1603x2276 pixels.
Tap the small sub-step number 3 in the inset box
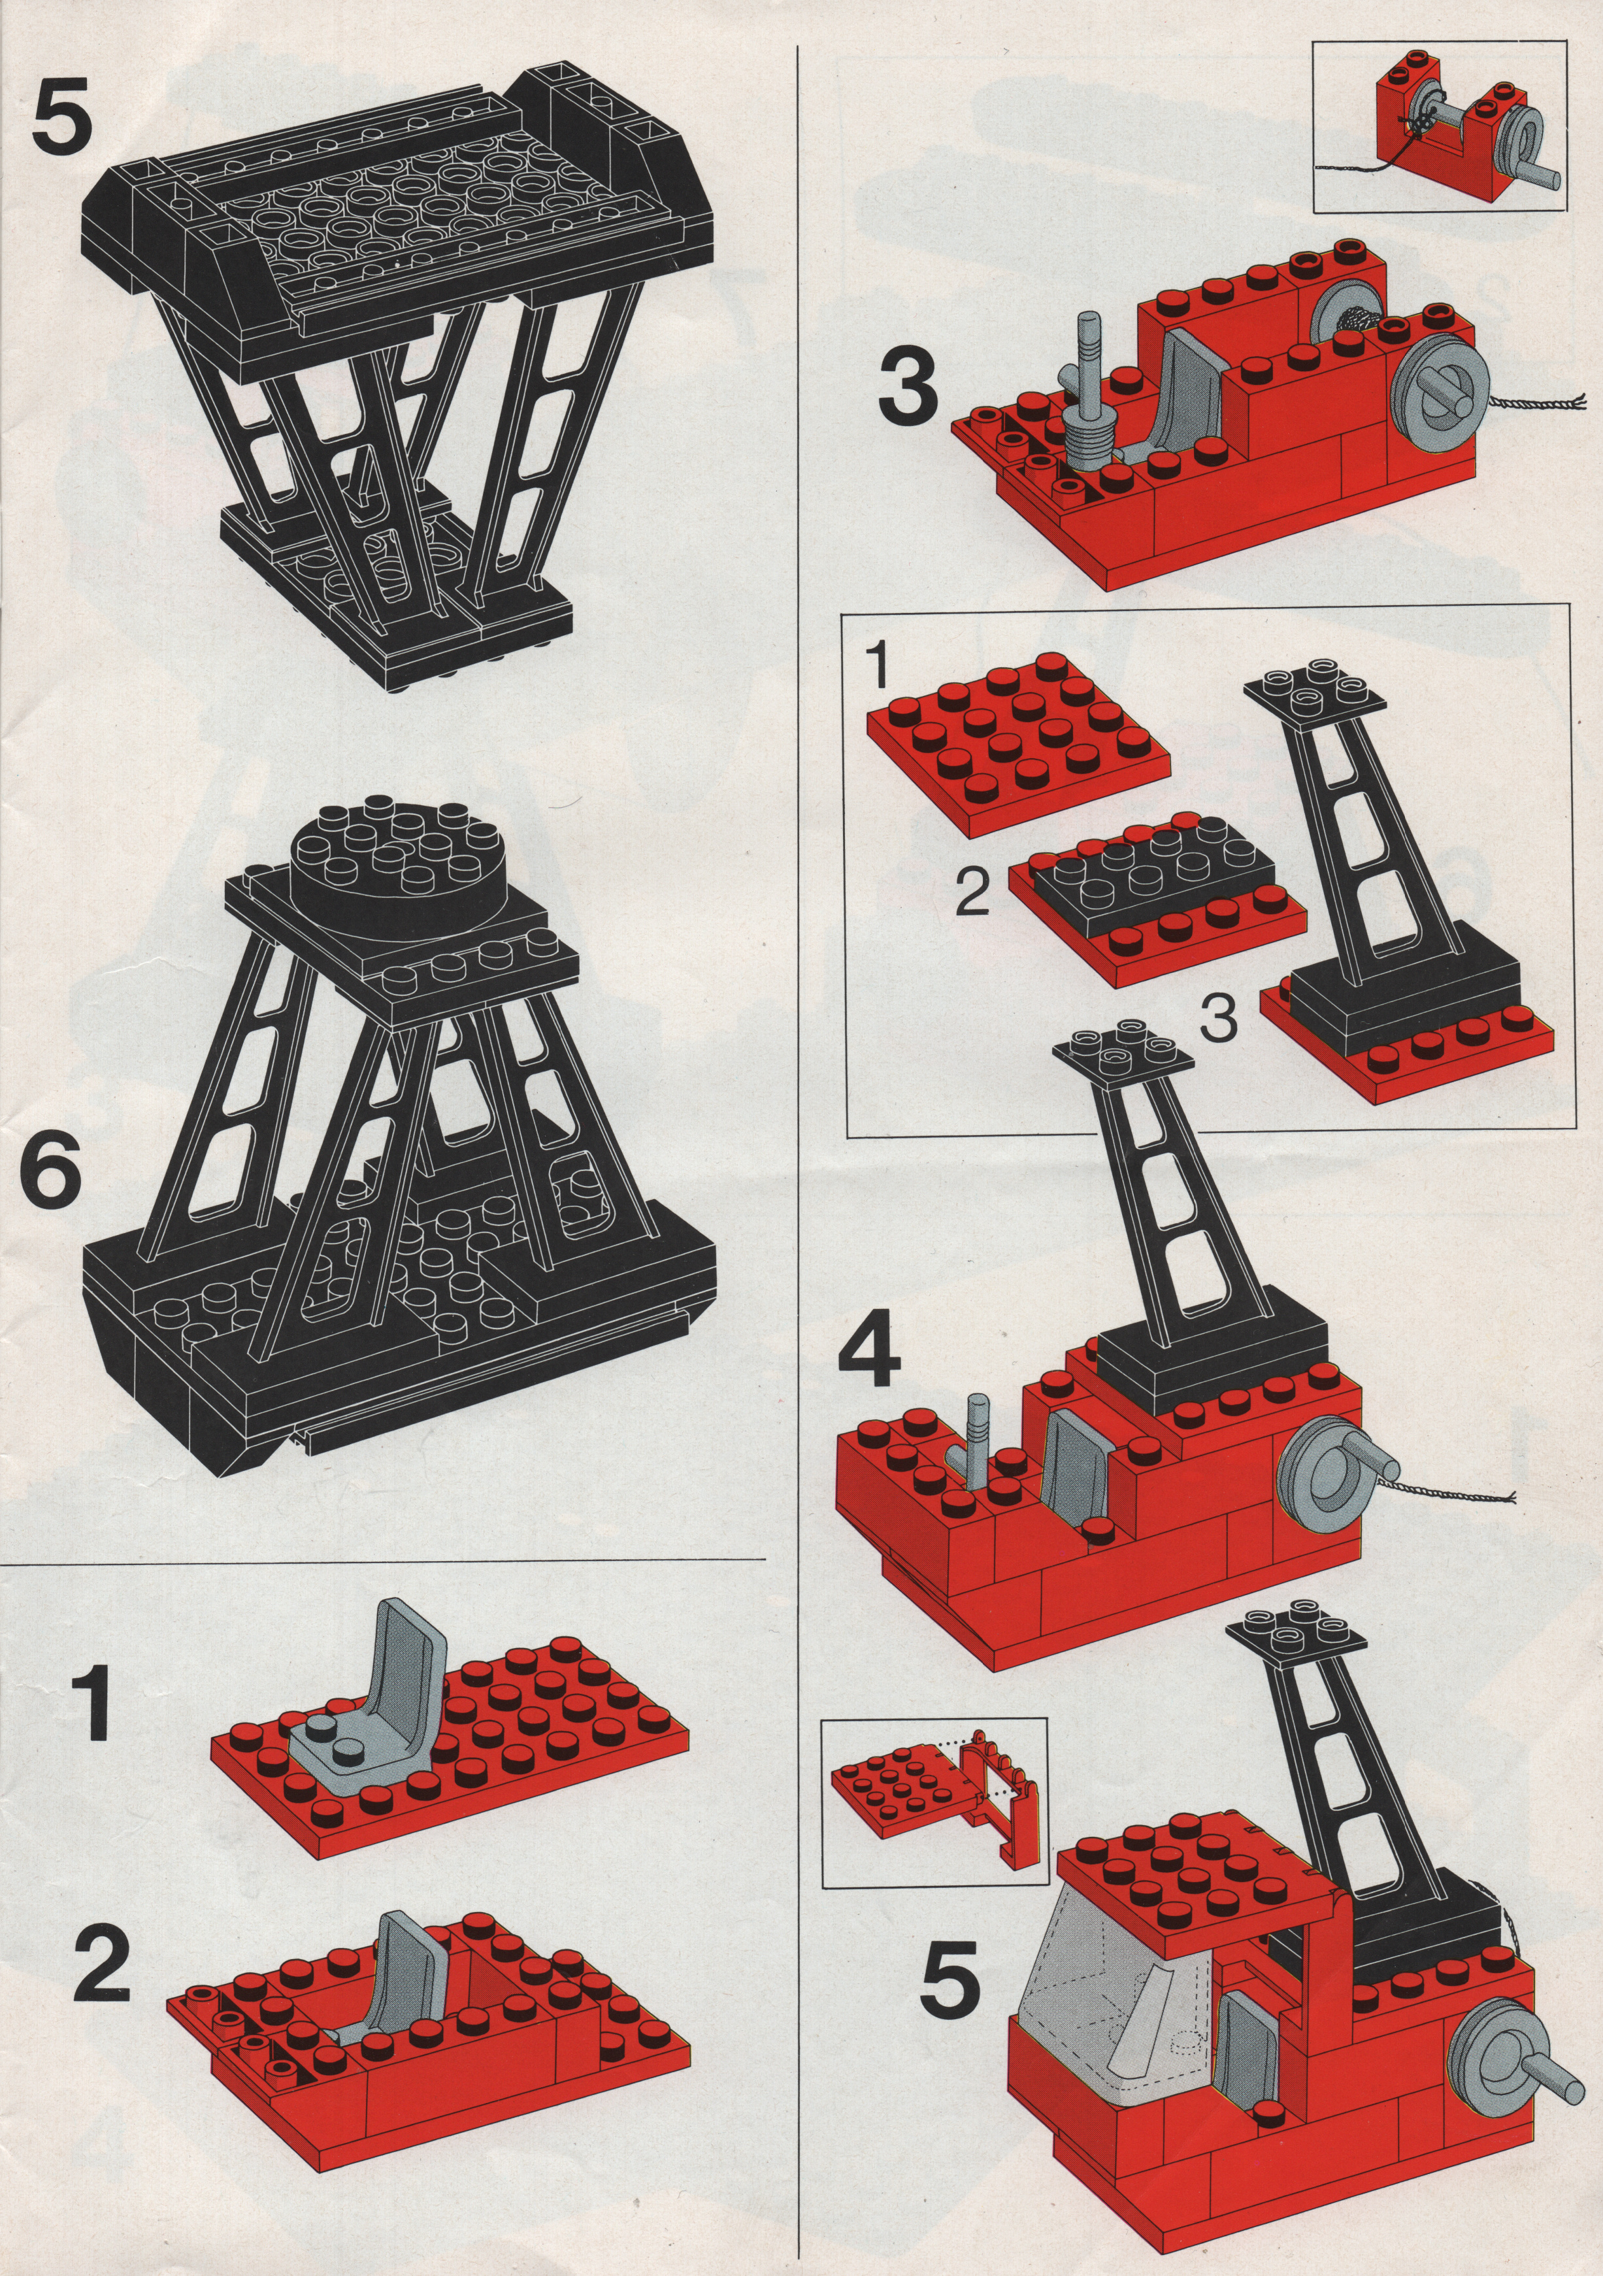point(1218,1018)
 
